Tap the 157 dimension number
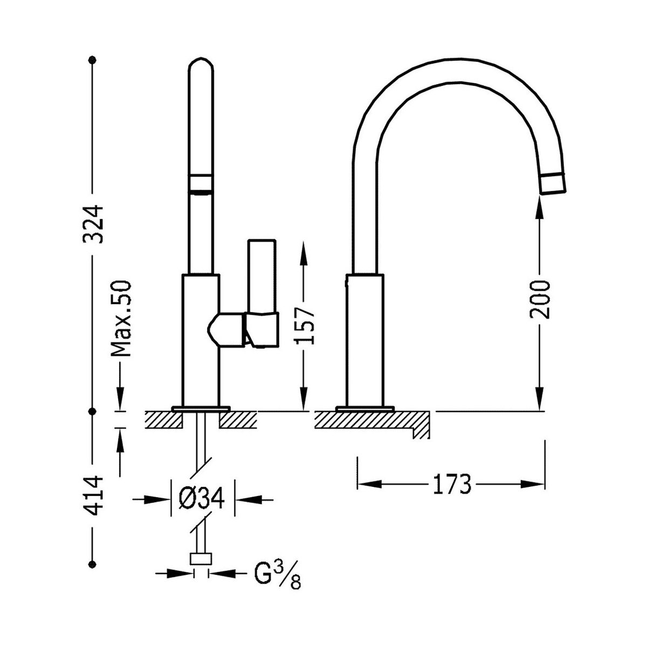tap(304, 327)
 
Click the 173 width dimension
tap(452, 484)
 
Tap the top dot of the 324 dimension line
tap(92, 60)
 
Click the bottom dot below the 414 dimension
tap(92, 564)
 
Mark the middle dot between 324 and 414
tap(92, 411)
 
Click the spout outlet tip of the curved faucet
tap(552, 183)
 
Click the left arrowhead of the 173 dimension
tap(370, 484)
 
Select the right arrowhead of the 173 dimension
tap(533, 484)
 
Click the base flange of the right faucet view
tap(364, 409)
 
